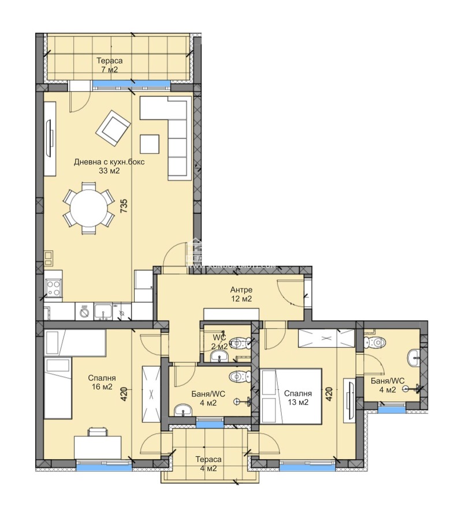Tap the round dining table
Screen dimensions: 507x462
tap(88, 208)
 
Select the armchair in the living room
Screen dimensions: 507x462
tap(113, 128)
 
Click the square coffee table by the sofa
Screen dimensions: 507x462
tap(150, 144)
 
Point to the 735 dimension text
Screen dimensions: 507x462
tap(123, 206)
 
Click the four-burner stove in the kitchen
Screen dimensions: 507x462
tap(53, 287)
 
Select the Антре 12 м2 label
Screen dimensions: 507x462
tap(241, 294)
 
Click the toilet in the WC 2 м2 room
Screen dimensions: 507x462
tap(240, 341)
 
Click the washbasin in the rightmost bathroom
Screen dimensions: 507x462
tap(415, 358)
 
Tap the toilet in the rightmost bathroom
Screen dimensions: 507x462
tap(377, 343)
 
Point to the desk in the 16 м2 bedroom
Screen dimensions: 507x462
tap(98, 446)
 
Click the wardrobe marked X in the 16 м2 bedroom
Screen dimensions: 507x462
tap(151, 395)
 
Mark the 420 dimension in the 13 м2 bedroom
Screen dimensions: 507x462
tap(329, 394)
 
